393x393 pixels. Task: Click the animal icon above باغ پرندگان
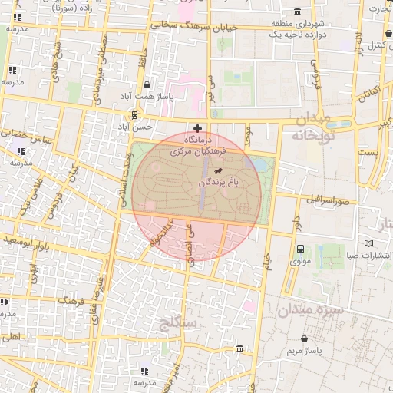tap(220, 170)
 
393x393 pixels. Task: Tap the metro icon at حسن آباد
tap(135, 115)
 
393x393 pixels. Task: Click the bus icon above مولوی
tap(299, 249)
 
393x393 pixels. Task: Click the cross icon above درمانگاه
tap(198, 127)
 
